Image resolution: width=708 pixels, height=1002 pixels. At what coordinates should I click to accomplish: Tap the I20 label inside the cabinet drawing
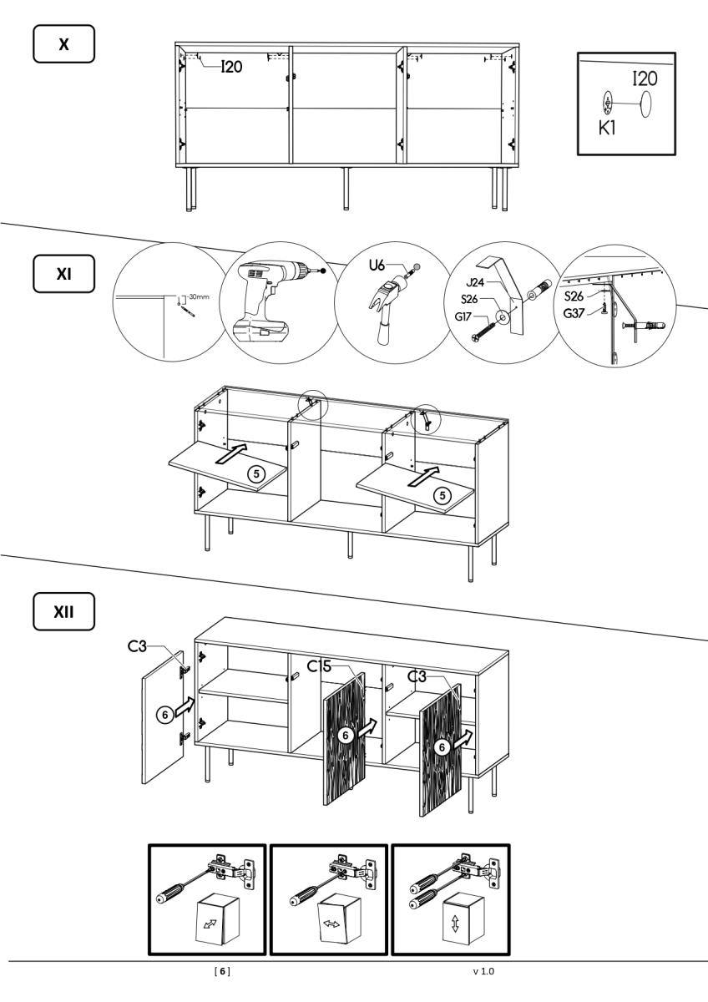(x=231, y=67)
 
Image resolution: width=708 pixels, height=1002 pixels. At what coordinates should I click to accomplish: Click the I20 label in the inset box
(x=645, y=79)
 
